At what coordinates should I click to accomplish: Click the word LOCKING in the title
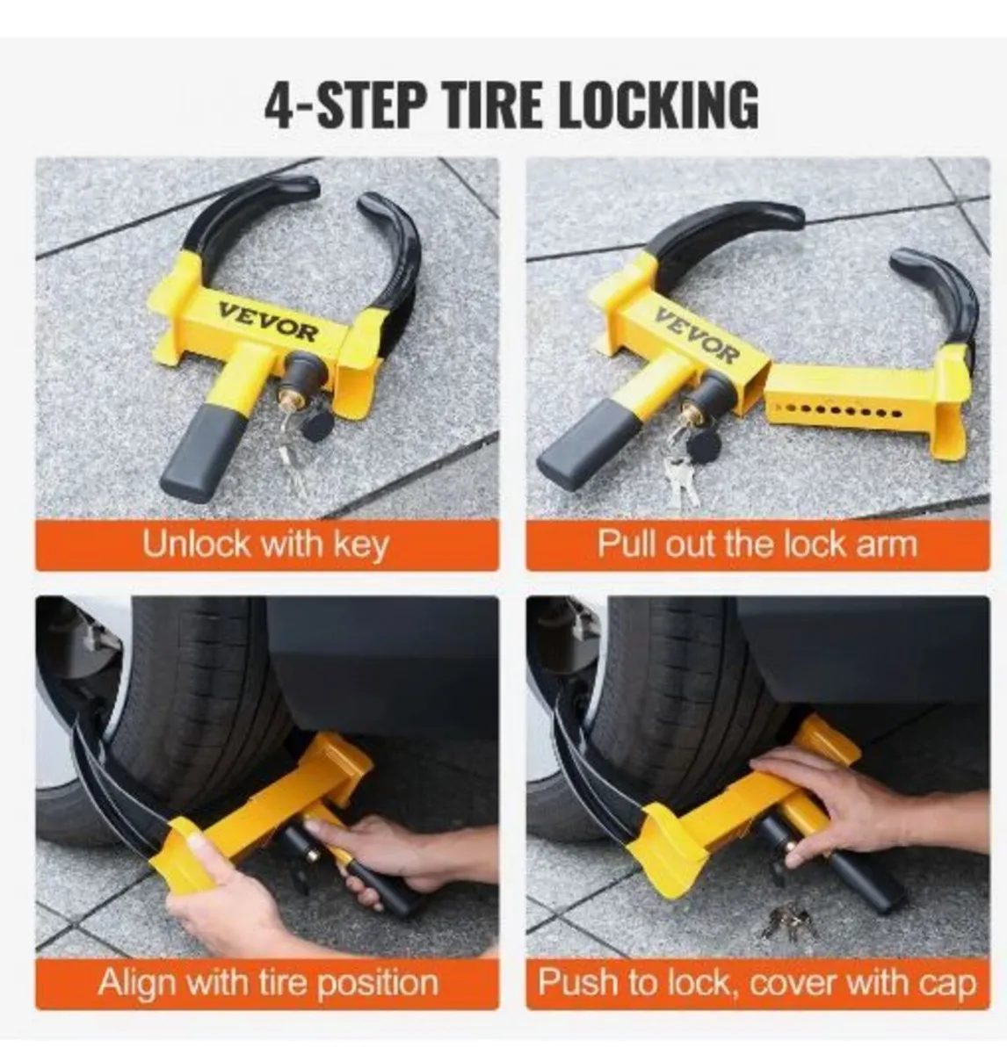click(x=657, y=105)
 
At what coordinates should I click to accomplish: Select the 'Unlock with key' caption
click(x=265, y=545)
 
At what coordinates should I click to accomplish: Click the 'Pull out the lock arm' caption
click(x=757, y=545)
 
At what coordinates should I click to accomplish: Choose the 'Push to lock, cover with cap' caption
click(x=757, y=981)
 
